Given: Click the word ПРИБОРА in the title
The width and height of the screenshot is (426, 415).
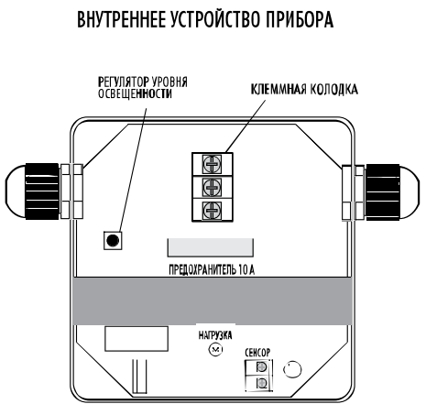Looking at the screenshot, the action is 299,19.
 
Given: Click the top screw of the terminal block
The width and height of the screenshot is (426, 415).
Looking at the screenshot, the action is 212,164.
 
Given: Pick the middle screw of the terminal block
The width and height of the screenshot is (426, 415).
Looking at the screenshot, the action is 212,187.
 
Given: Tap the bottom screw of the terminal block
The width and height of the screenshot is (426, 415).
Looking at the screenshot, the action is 212,210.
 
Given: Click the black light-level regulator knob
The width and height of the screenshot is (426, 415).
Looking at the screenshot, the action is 113,241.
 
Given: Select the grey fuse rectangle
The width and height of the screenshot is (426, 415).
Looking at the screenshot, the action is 211,247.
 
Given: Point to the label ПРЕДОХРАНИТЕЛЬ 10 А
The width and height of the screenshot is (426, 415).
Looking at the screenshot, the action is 212,269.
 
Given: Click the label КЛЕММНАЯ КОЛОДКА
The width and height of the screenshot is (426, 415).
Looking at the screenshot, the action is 304,89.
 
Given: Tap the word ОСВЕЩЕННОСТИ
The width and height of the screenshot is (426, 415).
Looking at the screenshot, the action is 135,93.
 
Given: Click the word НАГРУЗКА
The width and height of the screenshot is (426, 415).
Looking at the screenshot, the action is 215,335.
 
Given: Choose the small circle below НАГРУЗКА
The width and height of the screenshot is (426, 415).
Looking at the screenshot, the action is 215,349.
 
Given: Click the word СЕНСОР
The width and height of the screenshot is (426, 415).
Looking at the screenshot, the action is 257,353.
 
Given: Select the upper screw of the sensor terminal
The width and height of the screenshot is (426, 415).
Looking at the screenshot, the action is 261,366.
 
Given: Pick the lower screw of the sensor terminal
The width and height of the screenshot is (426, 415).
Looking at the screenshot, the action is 261,382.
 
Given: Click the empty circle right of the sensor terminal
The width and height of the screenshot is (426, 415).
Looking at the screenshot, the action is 292,369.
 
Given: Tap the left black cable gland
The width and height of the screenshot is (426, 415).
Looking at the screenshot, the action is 42,191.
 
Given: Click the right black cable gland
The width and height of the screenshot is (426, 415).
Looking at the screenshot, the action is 383,192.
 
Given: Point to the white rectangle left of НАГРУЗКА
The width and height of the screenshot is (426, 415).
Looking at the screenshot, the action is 137,339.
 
